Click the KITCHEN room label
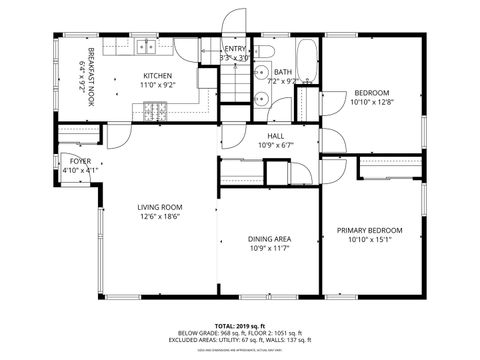click(x=158, y=76)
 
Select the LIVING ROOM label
click(x=160, y=207)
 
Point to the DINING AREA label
click(x=269, y=238)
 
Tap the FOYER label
click(x=79, y=161)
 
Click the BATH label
click(x=283, y=72)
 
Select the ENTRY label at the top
click(x=235, y=48)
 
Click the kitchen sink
click(x=146, y=45)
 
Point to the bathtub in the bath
click(x=306, y=62)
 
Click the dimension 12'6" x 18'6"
click(x=160, y=217)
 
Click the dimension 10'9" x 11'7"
click(x=269, y=248)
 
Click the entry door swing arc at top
click(x=234, y=22)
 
